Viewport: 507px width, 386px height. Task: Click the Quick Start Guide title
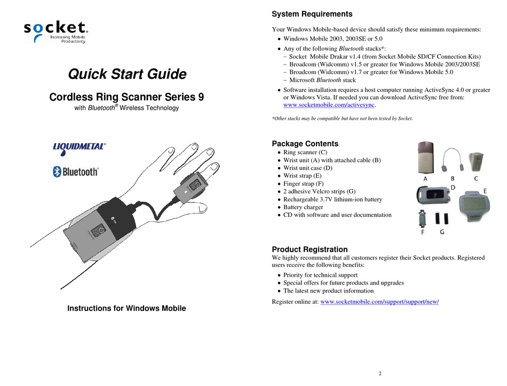click(126, 74)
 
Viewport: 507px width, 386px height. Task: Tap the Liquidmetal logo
click(79, 148)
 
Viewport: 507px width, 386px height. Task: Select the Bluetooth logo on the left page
click(75, 171)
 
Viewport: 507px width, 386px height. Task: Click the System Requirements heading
click(312, 14)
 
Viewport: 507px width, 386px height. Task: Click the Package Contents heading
click(305, 144)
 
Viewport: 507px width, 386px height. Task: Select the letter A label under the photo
click(425, 179)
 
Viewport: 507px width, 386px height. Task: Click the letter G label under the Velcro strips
click(442, 232)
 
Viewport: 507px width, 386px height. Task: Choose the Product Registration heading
click(310, 249)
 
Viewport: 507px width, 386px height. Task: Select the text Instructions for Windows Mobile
click(126, 309)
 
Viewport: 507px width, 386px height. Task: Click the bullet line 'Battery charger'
click(306, 207)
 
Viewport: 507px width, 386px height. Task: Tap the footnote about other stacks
click(342, 118)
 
